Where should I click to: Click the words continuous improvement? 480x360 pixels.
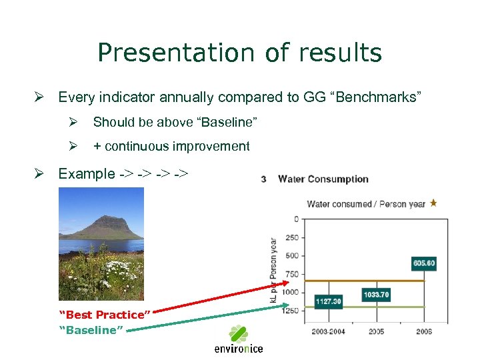[x=177, y=146]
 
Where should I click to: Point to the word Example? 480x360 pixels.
[x=87, y=174]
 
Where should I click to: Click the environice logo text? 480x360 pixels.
[x=239, y=349]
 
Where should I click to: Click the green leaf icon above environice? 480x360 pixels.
[x=239, y=333]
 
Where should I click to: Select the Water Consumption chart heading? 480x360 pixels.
[x=323, y=179]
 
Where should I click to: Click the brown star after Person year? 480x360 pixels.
[x=433, y=203]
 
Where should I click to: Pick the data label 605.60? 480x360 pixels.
[x=423, y=263]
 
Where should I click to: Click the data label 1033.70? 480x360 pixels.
[x=376, y=294]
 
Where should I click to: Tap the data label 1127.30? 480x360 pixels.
[x=328, y=301]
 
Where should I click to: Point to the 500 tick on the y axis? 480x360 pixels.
[x=291, y=255]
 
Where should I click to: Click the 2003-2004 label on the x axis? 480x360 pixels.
[x=327, y=331]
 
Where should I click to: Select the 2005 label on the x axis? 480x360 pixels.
[x=377, y=331]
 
